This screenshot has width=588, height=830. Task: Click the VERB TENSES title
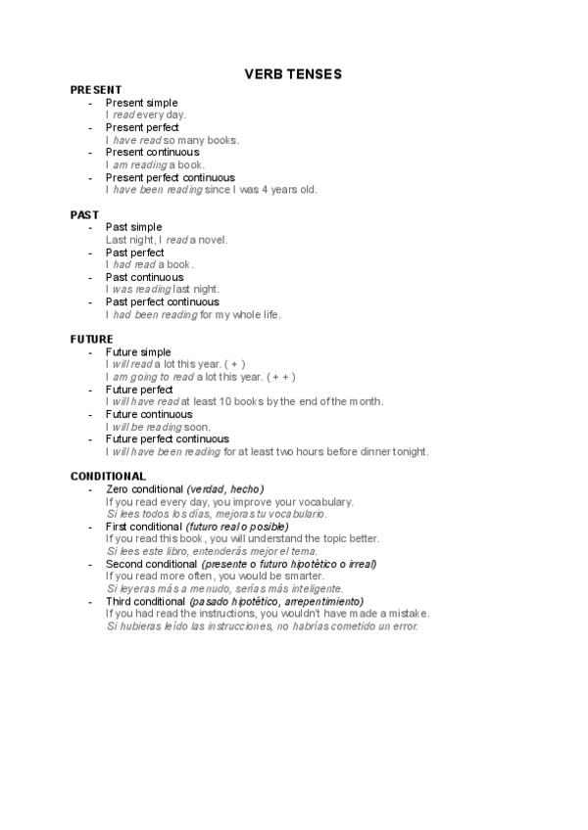click(293, 74)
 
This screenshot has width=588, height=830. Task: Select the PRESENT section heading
click(96, 90)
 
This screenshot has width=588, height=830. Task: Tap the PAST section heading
click(84, 214)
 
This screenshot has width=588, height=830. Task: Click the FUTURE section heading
click(92, 339)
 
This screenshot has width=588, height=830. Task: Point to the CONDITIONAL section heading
click(108, 476)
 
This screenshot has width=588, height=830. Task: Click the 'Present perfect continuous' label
click(170, 177)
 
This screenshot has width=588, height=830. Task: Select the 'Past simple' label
click(133, 227)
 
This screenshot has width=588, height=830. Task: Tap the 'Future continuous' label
click(149, 414)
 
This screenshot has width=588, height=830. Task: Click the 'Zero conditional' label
click(144, 488)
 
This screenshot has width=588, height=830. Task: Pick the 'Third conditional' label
click(146, 601)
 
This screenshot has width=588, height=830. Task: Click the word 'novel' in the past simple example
click(213, 240)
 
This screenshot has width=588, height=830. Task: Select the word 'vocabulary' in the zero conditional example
click(322, 502)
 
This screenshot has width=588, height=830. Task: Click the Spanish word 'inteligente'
click(316, 589)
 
